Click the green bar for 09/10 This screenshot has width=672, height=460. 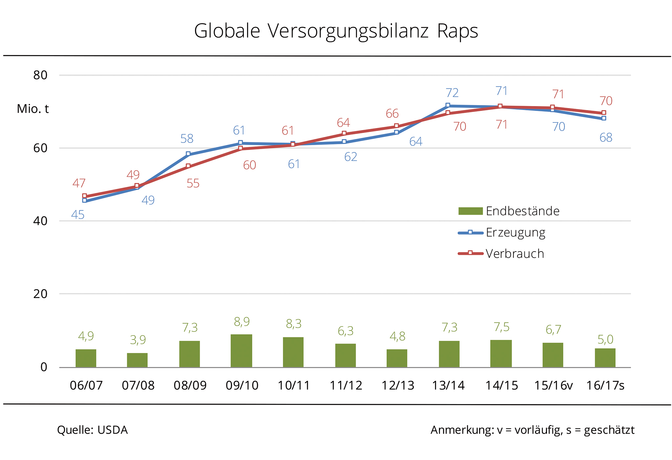(x=241, y=350)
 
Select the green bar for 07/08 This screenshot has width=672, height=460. (x=137, y=360)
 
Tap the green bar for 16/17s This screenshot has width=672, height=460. (x=605, y=358)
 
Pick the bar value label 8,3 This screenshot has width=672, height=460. (x=293, y=324)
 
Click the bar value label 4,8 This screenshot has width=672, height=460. (x=397, y=336)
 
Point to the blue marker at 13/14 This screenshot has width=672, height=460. (x=448, y=105)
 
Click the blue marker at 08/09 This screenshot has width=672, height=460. (x=188, y=154)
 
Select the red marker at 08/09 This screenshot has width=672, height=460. (x=188, y=166)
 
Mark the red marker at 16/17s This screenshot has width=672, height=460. (x=603, y=113)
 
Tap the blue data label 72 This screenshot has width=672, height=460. (x=452, y=93)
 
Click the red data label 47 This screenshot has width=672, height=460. (x=79, y=183)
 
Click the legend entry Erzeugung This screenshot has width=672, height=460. (x=515, y=232)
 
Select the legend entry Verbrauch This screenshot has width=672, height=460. (x=514, y=254)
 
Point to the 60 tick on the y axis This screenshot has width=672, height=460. (x=40, y=148)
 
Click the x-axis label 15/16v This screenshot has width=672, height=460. (x=553, y=385)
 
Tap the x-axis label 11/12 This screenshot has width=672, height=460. (x=346, y=385)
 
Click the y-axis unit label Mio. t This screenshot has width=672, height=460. (x=33, y=109)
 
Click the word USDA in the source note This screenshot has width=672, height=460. (x=112, y=430)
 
